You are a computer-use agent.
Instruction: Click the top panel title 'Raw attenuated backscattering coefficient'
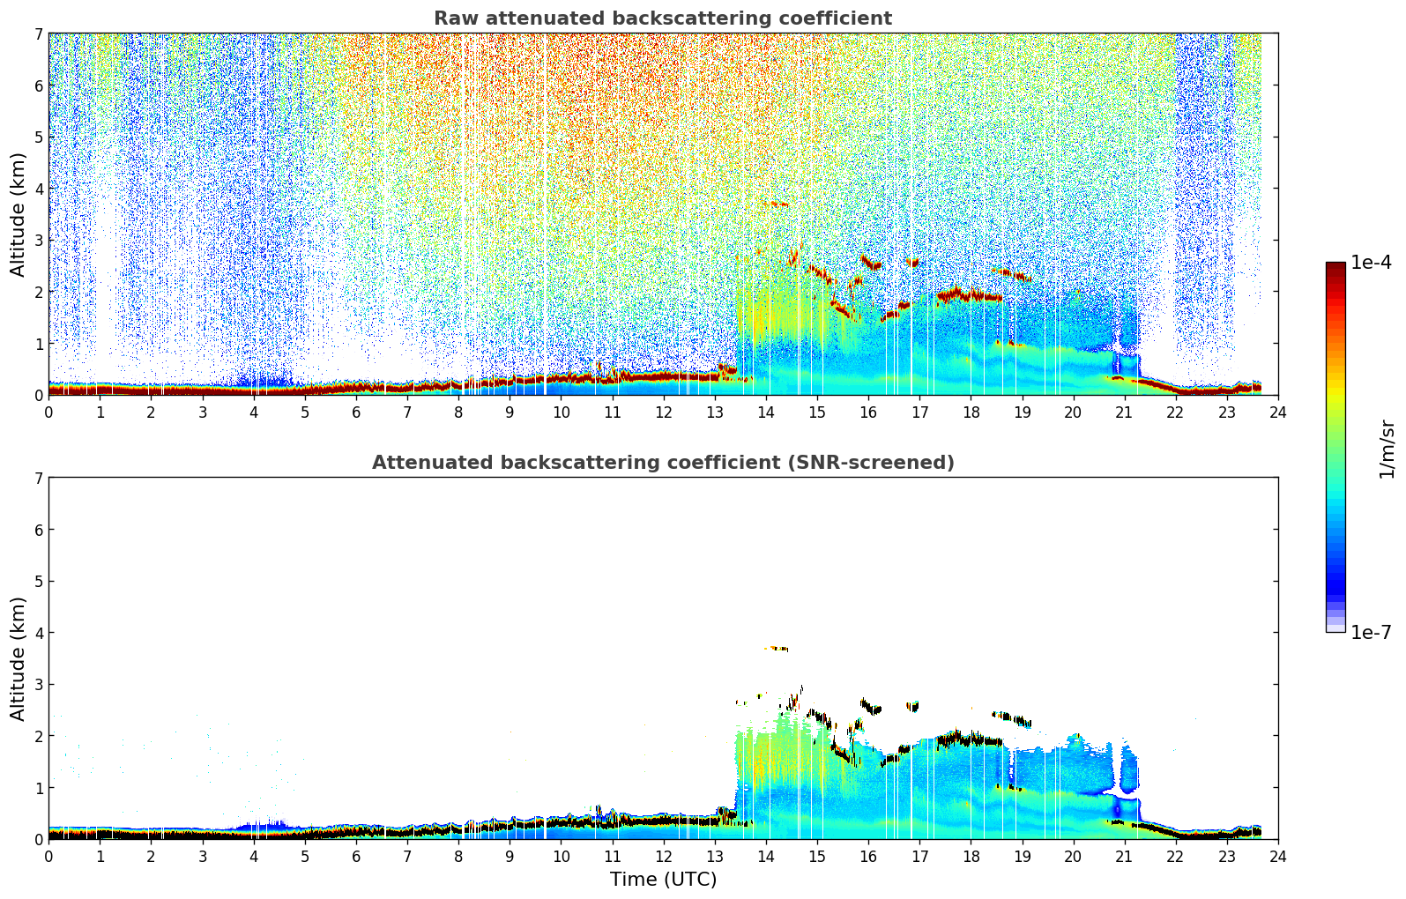click(663, 19)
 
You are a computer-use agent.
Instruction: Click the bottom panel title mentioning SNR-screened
click(663, 463)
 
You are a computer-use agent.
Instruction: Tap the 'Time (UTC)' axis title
click(663, 879)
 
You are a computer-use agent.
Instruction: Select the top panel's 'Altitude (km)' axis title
click(19, 214)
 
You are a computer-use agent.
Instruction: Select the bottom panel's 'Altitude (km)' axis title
click(19, 658)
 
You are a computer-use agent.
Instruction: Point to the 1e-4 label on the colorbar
click(1371, 263)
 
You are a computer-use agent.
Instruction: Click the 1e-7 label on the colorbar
click(1371, 632)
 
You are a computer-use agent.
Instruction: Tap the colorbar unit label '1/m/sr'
click(1387, 449)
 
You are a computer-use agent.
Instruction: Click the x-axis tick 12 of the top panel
click(663, 412)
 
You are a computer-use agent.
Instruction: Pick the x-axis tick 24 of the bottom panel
click(1278, 856)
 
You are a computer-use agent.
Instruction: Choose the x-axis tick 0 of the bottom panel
click(48, 856)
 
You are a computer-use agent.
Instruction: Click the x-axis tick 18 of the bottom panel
click(971, 856)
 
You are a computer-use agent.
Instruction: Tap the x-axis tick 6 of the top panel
click(356, 412)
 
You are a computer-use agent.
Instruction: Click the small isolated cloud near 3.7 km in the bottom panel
click(777, 649)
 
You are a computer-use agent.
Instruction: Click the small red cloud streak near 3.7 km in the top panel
click(777, 204)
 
